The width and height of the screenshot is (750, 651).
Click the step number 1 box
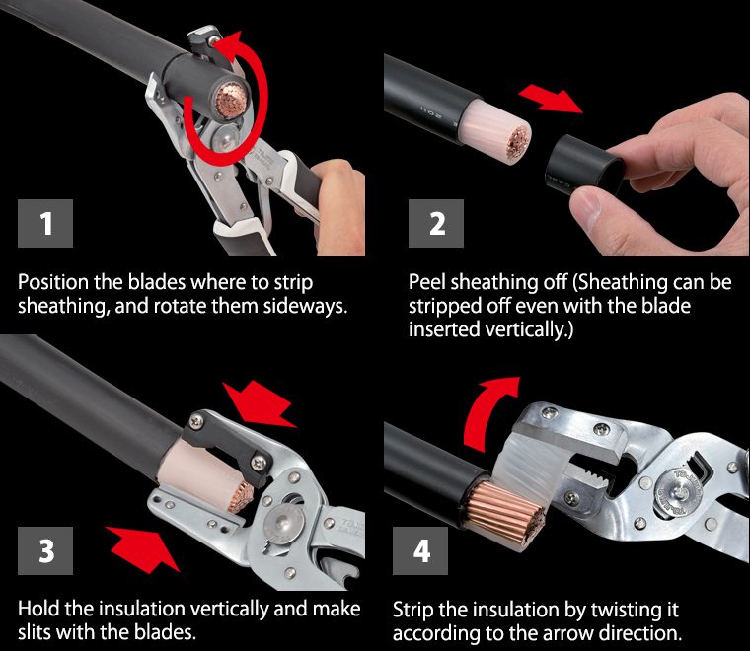[45, 223]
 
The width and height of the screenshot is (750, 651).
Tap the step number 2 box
[436, 223]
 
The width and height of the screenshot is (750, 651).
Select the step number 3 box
[45, 550]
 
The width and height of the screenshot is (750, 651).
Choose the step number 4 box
[420, 550]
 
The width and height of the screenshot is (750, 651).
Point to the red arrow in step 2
[550, 99]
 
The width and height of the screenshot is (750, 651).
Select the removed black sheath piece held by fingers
[584, 164]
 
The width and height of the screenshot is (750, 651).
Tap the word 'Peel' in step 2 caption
[427, 282]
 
